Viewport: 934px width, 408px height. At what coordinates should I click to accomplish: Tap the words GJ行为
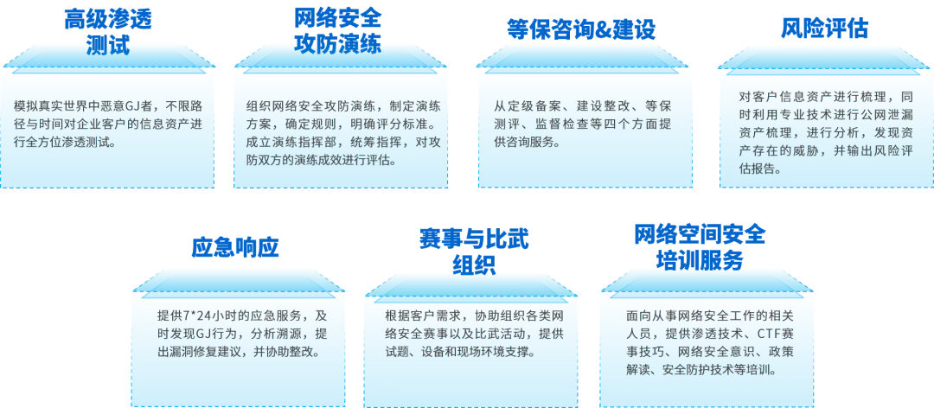pyautogui.click(x=210, y=334)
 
